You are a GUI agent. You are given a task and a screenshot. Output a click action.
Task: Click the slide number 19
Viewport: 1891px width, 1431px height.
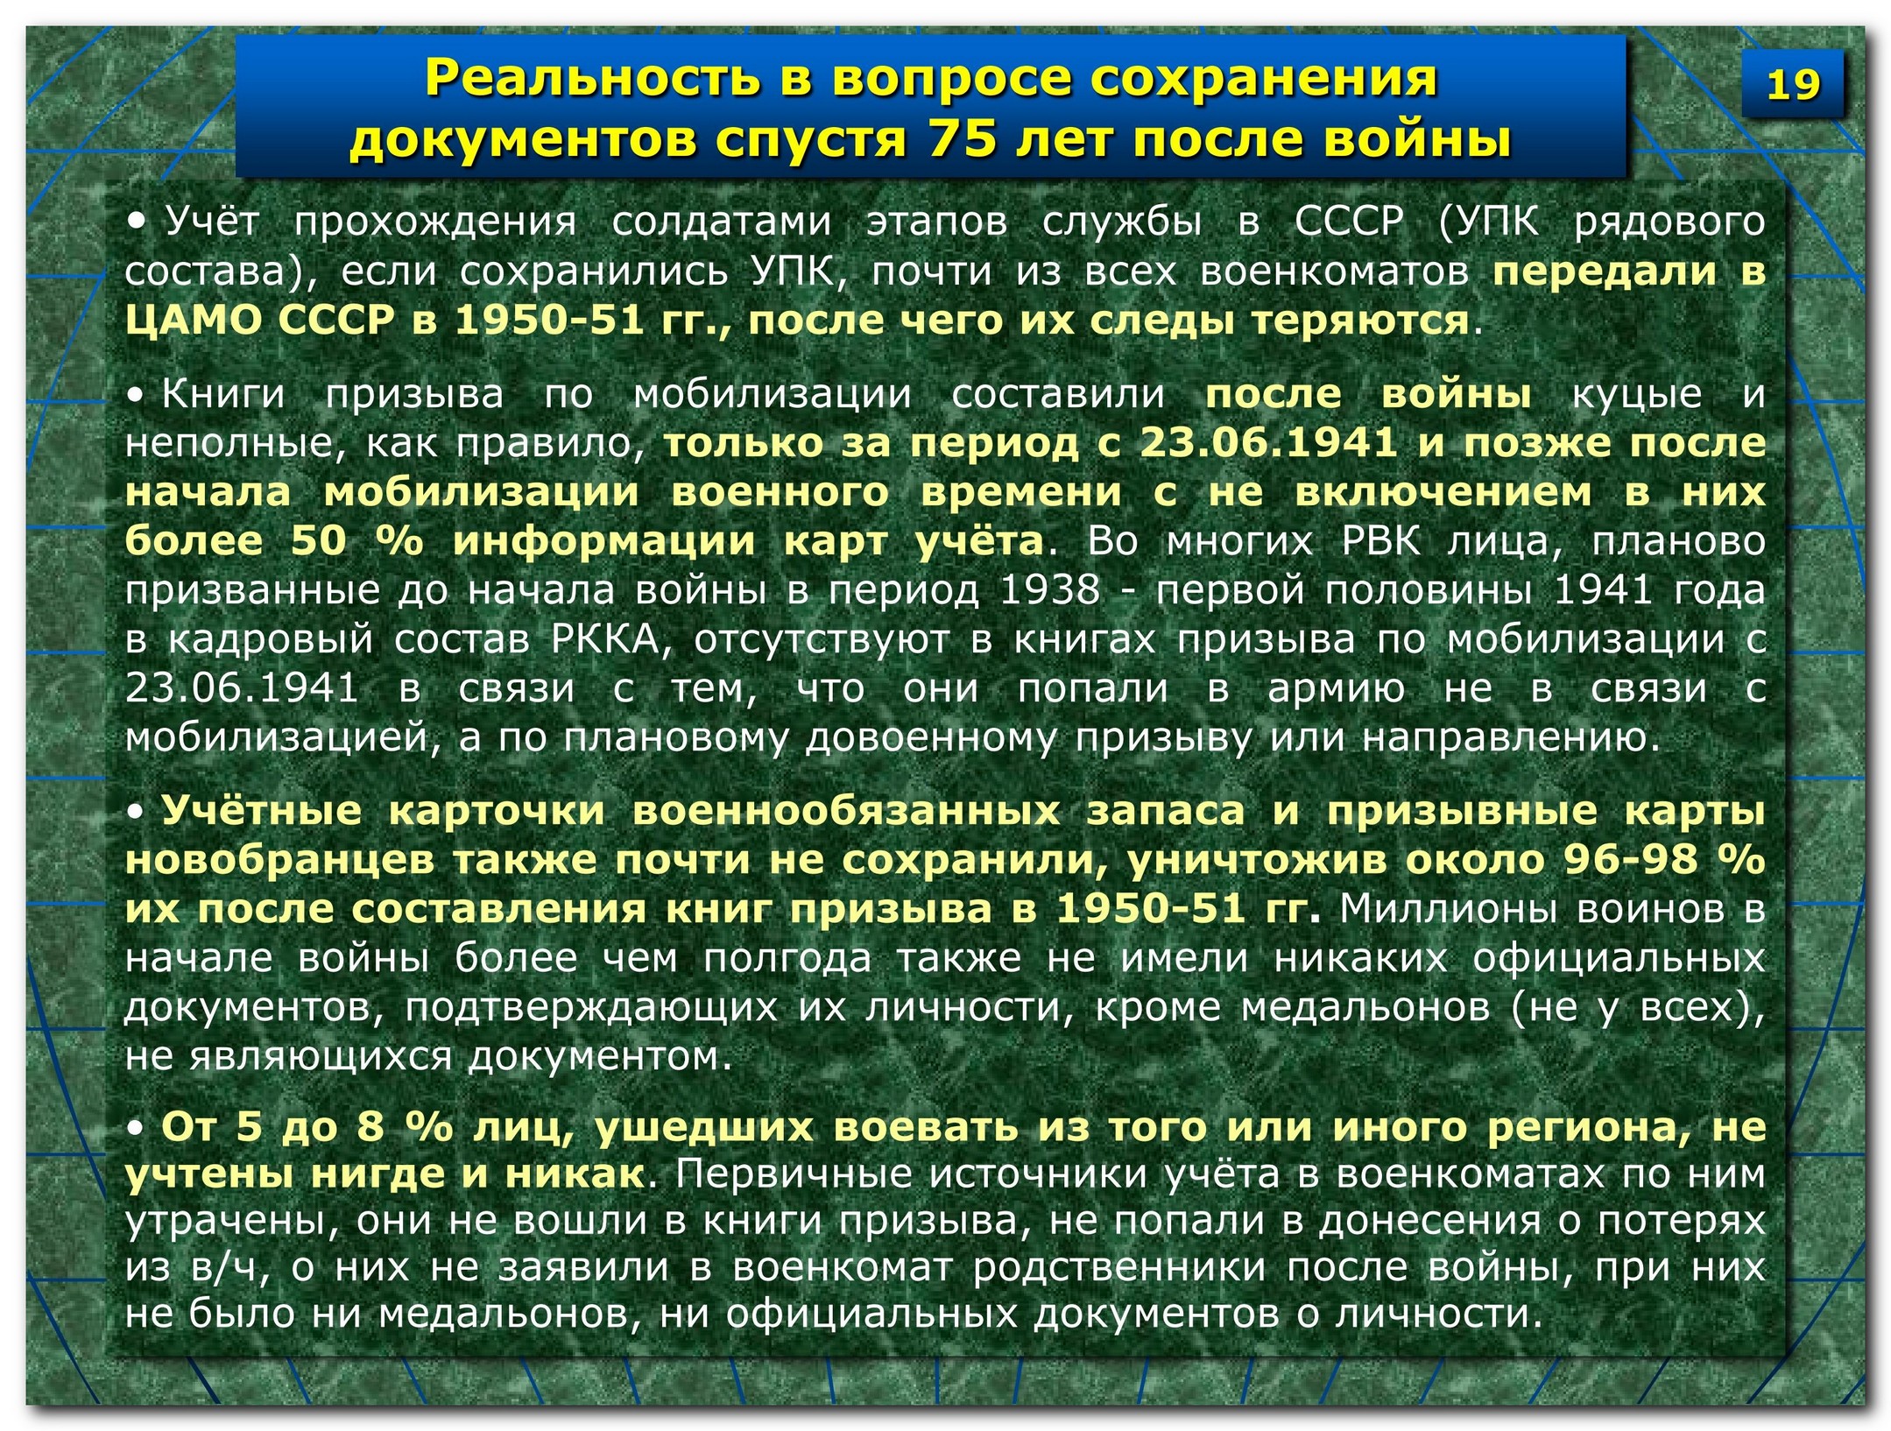click(x=1792, y=85)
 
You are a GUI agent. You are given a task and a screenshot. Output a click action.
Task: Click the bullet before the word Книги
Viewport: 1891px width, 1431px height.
click(x=136, y=395)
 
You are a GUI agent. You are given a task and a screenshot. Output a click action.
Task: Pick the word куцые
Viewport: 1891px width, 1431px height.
click(x=1637, y=396)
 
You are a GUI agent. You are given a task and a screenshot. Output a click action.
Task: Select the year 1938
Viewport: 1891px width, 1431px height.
click(x=1049, y=590)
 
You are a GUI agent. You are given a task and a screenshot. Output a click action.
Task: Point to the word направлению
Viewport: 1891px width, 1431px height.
click(x=1510, y=739)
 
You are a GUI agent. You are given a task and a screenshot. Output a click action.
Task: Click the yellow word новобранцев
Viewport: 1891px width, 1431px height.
click(x=279, y=861)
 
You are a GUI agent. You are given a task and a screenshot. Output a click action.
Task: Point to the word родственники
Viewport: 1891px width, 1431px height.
click(x=1118, y=1268)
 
